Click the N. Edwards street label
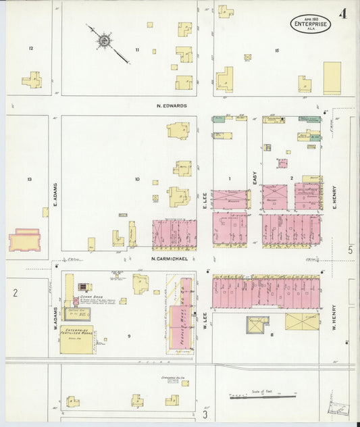click(x=172, y=105)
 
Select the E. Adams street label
click(x=56, y=196)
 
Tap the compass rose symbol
click(x=104, y=42)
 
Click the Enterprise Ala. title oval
click(x=311, y=24)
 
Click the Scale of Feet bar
click(x=263, y=397)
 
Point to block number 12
click(x=31, y=49)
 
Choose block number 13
click(x=30, y=179)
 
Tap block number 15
click(x=277, y=51)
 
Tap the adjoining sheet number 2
click(x=15, y=293)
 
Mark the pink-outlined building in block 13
click(x=24, y=240)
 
